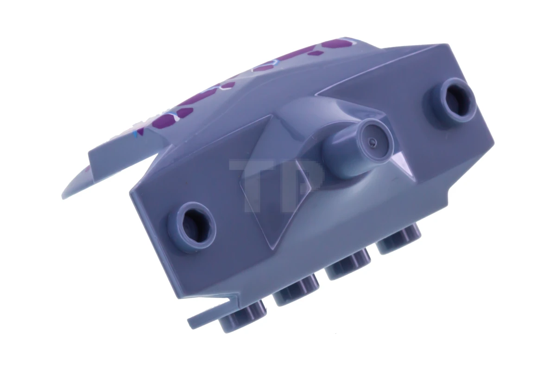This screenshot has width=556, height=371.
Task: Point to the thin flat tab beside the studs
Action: click(x=208, y=320)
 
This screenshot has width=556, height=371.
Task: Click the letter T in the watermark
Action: click(x=253, y=181)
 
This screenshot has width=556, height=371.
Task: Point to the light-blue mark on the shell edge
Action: click(x=134, y=135)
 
